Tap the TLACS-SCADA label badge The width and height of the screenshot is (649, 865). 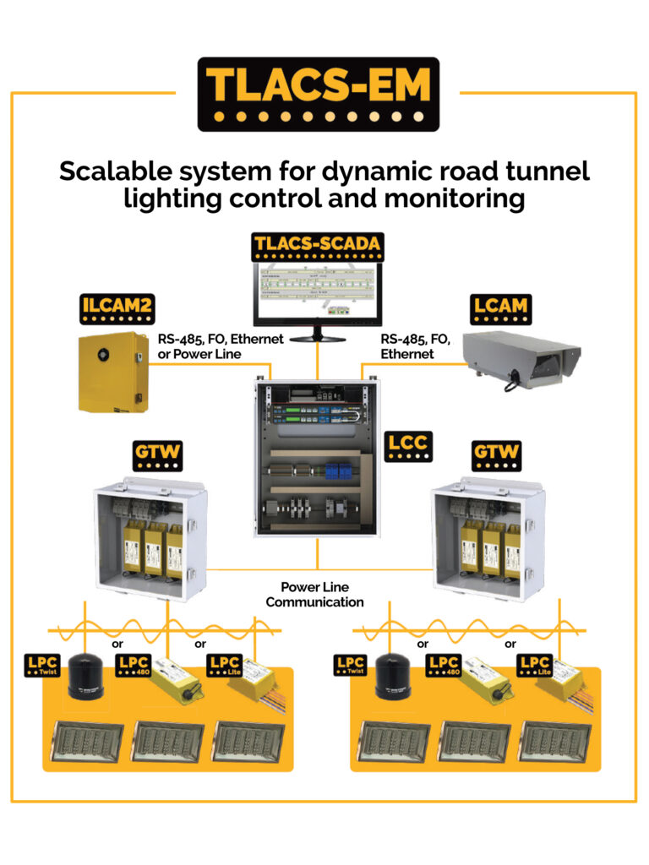(317, 247)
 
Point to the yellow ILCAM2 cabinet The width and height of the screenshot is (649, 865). (112, 373)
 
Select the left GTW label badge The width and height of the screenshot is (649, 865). (158, 455)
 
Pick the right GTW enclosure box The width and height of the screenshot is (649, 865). (483, 537)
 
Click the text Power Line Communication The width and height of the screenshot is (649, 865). (315, 595)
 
